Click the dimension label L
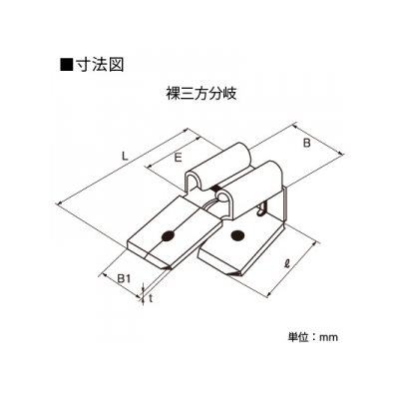coord(125,156)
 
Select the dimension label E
coord(179,159)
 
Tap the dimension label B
coord(307,143)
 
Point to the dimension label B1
coord(124,279)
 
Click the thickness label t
coord(151,299)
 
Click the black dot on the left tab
coord(168,235)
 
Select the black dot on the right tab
coord(237,234)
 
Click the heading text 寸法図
coord(100,65)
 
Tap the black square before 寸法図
coord(66,65)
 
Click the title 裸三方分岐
coord(201,94)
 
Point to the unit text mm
coord(328,337)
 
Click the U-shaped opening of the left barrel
coord(194,182)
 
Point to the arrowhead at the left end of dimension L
coord(61,203)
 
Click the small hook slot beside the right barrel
coord(262,208)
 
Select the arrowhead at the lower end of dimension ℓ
coord(270,292)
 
